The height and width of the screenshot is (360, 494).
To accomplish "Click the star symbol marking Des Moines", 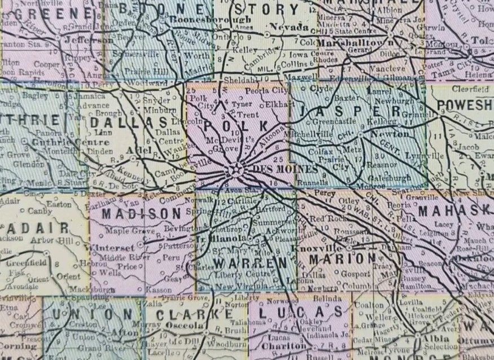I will [x=238, y=169].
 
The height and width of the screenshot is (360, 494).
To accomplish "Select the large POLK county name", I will [x=233, y=126].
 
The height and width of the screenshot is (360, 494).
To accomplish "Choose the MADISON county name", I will [x=141, y=213].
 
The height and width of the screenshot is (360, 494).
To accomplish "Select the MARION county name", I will [x=345, y=258].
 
